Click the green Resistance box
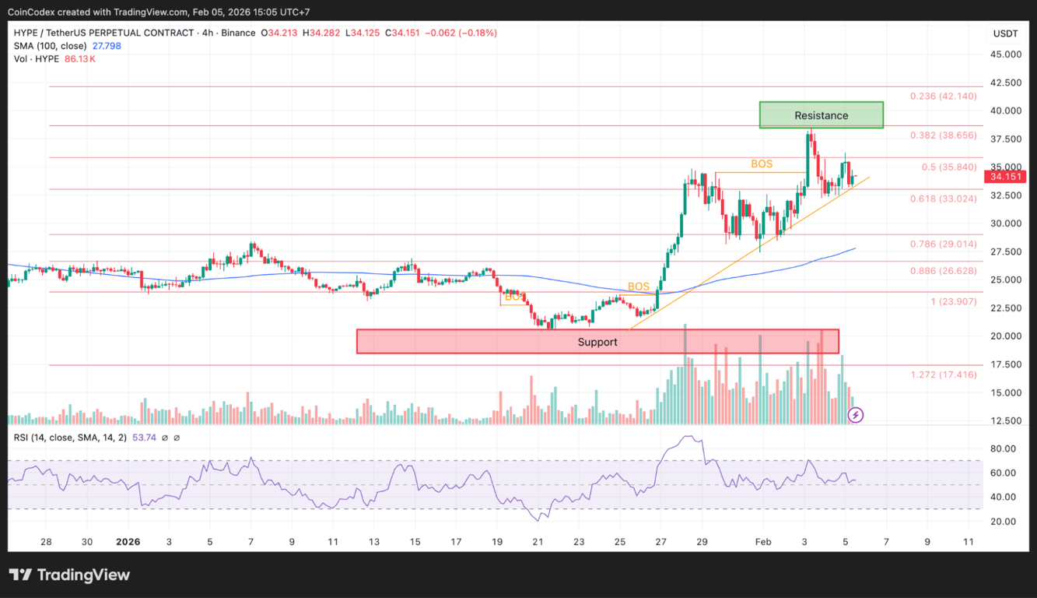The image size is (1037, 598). pos(821,115)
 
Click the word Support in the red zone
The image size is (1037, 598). pos(597,342)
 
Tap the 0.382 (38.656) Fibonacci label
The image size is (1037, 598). pos(943,135)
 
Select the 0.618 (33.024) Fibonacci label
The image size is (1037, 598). pos(943,199)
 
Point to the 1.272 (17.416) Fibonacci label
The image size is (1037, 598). pos(943,375)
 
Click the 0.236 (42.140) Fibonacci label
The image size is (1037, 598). pos(943,97)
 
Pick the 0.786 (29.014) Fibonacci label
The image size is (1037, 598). pos(943,244)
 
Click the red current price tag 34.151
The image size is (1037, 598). pos(1006,177)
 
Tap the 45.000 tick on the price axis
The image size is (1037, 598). pos(1006,55)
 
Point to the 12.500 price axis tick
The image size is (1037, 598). pos(1006,420)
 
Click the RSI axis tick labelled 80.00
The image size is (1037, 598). pos(1003,448)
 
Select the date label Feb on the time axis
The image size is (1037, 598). pos(763,542)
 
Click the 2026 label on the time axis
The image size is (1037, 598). pos(128,542)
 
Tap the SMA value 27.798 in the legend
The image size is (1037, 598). pos(106,46)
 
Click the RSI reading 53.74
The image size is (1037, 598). pos(145,438)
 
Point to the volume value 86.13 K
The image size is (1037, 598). pos(81,59)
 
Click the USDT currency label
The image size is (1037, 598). pos(1006,33)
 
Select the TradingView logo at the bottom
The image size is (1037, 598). pos(69,575)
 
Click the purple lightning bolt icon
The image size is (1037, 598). pos(856,415)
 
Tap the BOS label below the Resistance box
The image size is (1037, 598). pos(762,164)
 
